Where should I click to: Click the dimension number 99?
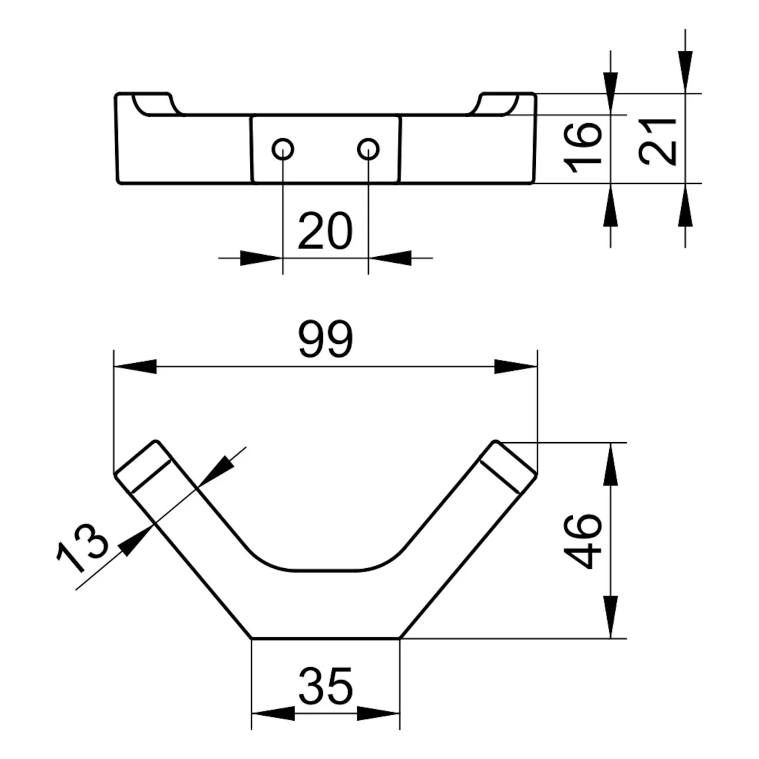[x=325, y=339]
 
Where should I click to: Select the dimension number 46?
[x=583, y=541]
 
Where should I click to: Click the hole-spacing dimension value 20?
[x=325, y=231]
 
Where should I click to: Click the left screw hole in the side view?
[x=283, y=149]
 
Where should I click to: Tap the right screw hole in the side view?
[x=368, y=149]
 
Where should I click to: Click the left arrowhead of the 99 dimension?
[x=135, y=367]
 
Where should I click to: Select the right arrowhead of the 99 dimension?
[x=516, y=367]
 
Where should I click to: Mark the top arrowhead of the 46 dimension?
[x=610, y=464]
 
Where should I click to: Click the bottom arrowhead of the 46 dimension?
[x=610, y=617]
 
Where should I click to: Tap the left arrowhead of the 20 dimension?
[x=262, y=258]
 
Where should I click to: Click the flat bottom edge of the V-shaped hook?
[x=325, y=638]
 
